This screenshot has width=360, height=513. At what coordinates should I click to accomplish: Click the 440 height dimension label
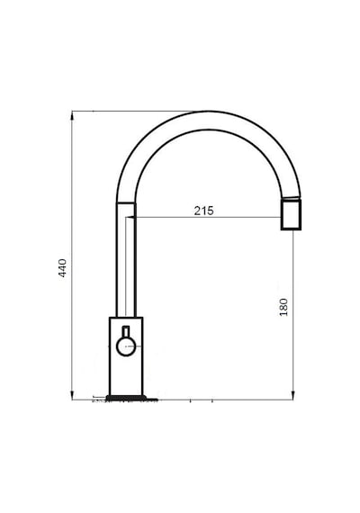pyautogui.click(x=62, y=268)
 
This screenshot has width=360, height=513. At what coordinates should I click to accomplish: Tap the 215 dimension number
pyautogui.click(x=204, y=211)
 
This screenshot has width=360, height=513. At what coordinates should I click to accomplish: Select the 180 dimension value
pyautogui.click(x=283, y=307)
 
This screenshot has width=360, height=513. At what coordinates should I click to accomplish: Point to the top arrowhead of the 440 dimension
pyautogui.click(x=72, y=115)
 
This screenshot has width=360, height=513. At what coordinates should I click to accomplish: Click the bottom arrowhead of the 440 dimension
pyautogui.click(x=72, y=395)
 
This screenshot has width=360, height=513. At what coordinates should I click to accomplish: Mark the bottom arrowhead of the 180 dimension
pyautogui.click(x=292, y=395)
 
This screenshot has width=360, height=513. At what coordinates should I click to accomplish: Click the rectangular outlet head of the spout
pyautogui.click(x=291, y=215)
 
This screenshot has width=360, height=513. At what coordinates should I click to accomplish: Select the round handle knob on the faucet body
pyautogui.click(x=126, y=346)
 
